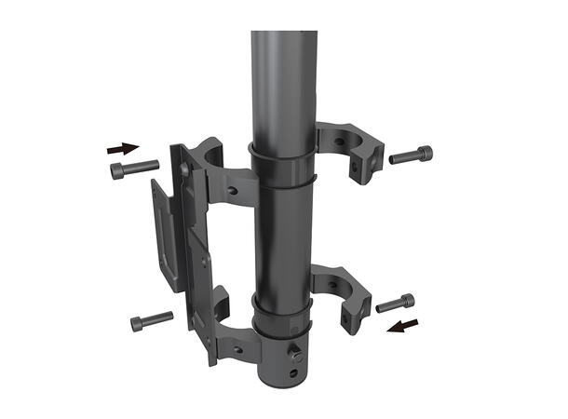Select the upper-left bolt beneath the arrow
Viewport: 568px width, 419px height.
point(134,169)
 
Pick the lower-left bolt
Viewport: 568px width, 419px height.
point(152,321)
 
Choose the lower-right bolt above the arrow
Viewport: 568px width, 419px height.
point(396,303)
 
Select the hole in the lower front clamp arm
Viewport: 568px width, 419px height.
point(236,349)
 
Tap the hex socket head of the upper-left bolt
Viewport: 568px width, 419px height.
point(116,170)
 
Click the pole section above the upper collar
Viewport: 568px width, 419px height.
point(283,84)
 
